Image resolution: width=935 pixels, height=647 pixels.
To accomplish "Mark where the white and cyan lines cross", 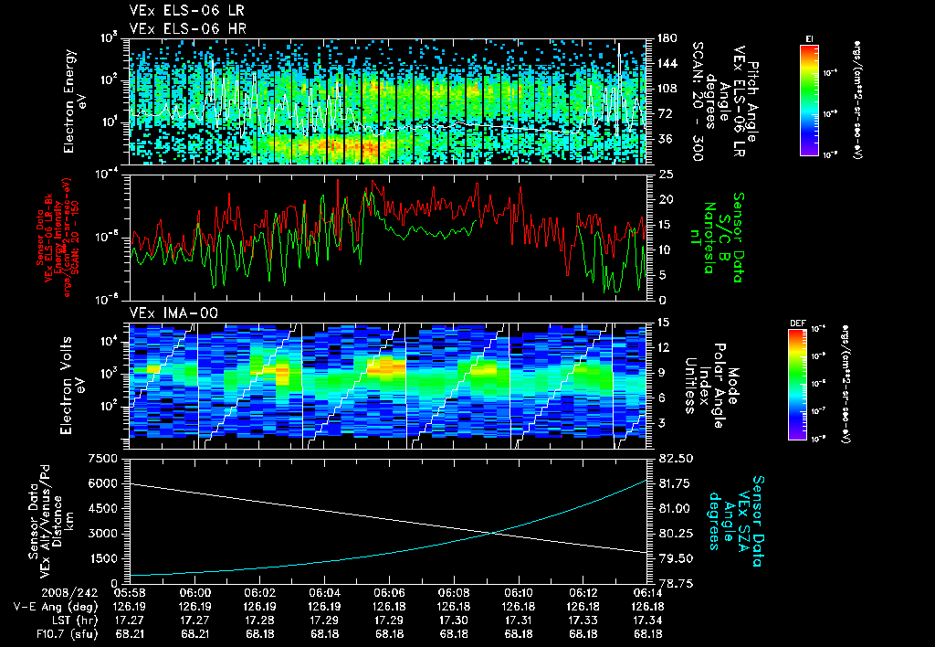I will pyautogui.click(x=494, y=533).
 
